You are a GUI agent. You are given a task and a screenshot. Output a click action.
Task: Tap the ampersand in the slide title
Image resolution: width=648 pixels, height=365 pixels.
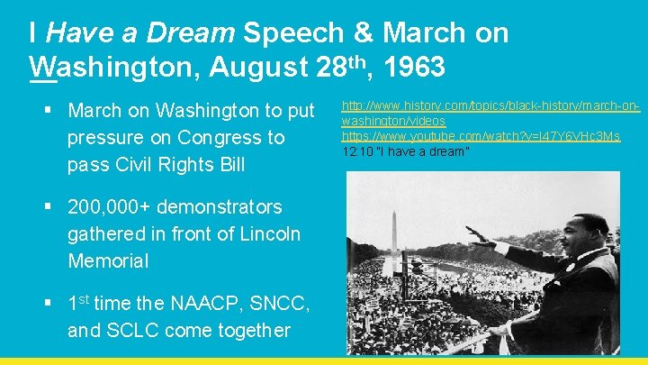(364, 33)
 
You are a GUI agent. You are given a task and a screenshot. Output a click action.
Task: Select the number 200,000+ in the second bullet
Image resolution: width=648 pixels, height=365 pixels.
(106, 207)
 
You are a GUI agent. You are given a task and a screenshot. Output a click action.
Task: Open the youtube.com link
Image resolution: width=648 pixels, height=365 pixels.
(481, 136)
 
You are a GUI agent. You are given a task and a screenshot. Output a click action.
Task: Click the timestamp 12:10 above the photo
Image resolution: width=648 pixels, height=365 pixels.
(355, 151)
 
